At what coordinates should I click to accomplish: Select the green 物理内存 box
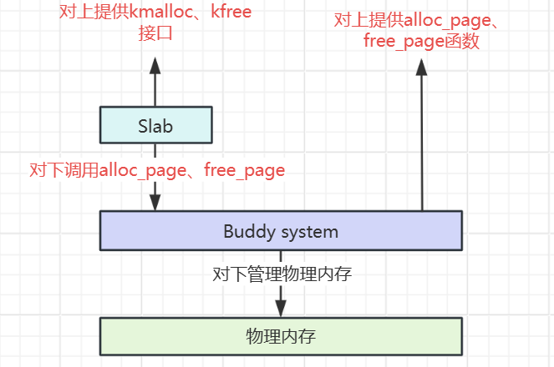point(281,336)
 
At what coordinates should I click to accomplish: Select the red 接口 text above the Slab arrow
point(155,35)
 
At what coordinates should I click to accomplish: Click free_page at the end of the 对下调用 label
point(245,171)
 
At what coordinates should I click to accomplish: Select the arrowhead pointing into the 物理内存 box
point(281,308)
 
